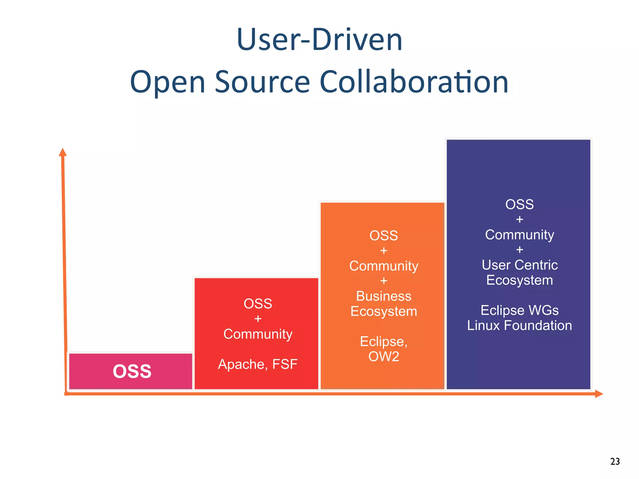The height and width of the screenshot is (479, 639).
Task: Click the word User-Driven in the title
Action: coord(319,40)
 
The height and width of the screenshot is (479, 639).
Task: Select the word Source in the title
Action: coord(262,82)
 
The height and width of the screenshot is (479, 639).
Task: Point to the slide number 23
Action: coord(615,461)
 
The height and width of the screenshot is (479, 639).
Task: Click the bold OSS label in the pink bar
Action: coord(132,371)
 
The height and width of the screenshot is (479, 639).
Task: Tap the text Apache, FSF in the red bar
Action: coord(258,364)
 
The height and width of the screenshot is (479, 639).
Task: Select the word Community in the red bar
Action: coord(258,334)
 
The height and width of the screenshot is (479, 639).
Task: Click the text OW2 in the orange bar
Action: coord(383,356)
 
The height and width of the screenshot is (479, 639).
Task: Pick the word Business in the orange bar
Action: coord(383,296)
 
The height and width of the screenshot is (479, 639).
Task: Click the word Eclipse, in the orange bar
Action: coord(383,341)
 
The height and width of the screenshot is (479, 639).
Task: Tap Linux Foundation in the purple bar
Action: coord(519,326)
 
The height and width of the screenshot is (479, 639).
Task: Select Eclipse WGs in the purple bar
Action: coord(519,310)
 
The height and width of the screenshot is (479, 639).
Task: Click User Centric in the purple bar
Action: coord(519,265)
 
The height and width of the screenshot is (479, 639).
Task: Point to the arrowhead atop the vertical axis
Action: coord(63,152)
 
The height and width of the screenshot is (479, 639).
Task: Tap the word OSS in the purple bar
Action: coord(519,205)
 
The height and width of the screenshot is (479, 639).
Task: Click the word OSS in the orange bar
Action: coord(383,236)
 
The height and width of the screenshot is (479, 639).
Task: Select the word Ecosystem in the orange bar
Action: coord(383,312)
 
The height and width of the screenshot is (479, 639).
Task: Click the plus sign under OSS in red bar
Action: coord(258,319)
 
